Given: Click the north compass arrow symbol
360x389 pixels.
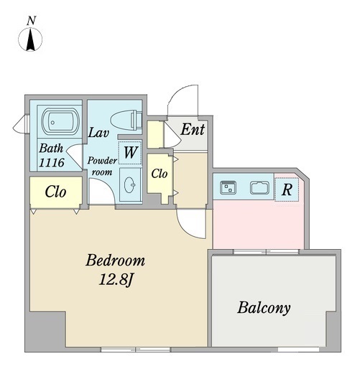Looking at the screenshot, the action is pos(30,39).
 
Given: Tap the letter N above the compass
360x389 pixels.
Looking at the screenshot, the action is pos(32,20).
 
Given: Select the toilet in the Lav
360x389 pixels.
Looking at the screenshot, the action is pos(126,120).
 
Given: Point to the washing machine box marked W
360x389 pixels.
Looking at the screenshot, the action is pos(130,152).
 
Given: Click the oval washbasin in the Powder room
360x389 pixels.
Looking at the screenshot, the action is pos(130,185).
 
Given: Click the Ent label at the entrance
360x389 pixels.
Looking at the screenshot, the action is pos(193,129).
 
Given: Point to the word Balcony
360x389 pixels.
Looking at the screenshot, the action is pos(264,308).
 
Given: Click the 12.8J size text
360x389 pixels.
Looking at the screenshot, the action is pos(116,280).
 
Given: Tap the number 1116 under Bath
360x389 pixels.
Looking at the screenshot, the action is pos(52,162).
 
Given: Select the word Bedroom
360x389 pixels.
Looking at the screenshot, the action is pos(115,261).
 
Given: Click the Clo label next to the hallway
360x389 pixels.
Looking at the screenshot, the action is pos(160,174).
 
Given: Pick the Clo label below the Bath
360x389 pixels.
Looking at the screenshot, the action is pos(55,192).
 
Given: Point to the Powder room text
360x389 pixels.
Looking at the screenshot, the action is pos(102,167).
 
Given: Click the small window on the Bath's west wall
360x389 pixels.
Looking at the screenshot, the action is pos(21,123).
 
